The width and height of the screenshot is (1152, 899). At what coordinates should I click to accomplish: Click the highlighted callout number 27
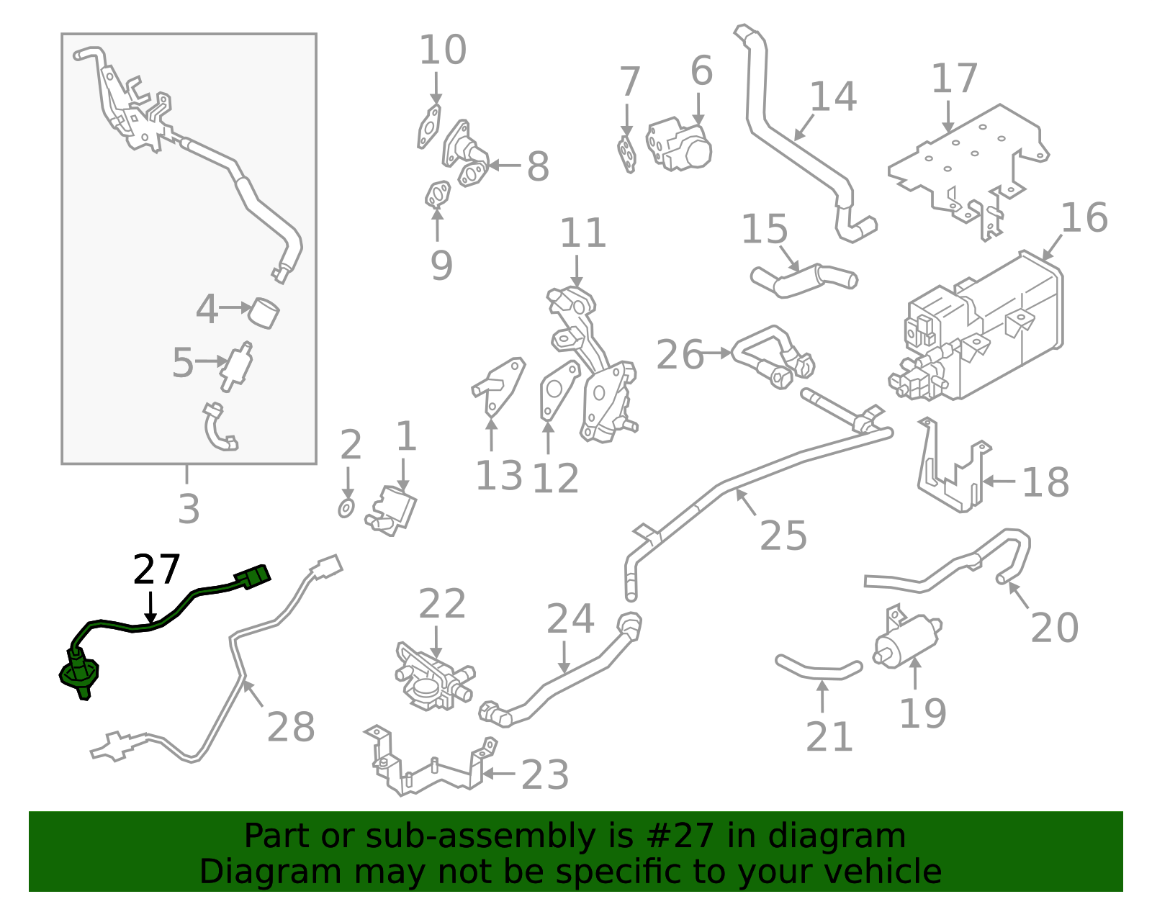(156, 570)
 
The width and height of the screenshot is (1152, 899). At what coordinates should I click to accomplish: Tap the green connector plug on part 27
(253, 577)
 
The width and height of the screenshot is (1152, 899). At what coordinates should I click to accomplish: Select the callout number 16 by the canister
(1084, 217)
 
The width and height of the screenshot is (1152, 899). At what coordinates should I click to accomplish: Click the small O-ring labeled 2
(346, 507)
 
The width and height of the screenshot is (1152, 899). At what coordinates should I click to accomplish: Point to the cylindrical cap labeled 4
(264, 313)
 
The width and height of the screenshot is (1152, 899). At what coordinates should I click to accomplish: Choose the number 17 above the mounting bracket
(954, 78)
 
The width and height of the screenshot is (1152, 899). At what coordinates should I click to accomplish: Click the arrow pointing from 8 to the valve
(505, 166)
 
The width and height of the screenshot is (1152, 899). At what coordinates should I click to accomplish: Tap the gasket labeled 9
(438, 194)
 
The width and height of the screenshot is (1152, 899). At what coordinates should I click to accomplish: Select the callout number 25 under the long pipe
(783, 536)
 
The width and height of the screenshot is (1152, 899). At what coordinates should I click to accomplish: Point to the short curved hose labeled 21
(819, 669)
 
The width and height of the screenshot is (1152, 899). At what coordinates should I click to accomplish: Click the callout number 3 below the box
(189, 509)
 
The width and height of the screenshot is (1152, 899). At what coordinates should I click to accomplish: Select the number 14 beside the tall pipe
(833, 96)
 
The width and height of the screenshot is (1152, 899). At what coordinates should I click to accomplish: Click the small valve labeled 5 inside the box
(238, 366)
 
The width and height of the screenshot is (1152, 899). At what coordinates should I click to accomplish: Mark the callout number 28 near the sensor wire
(291, 727)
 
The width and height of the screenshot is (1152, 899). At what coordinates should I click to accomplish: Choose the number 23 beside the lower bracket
(545, 774)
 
